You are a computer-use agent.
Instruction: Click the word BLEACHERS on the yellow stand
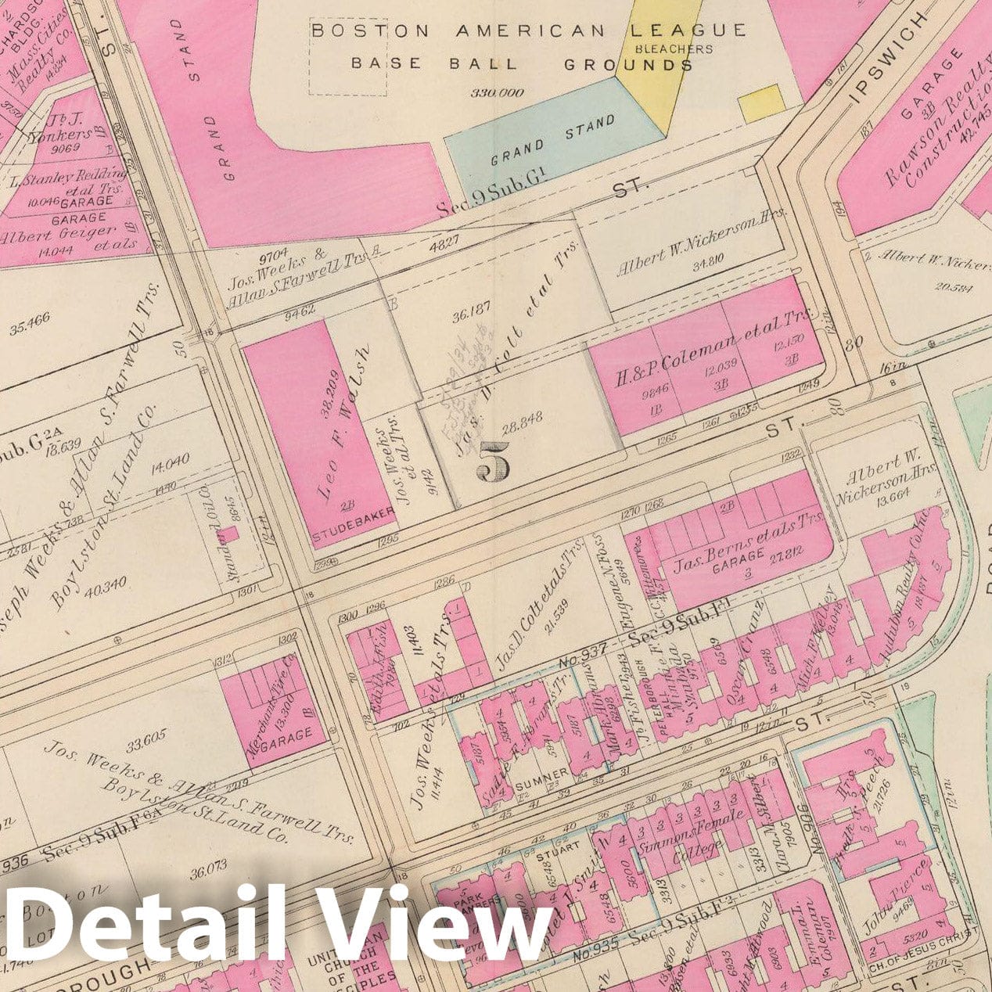coord(675,49)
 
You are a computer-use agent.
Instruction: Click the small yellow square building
coord(761,103)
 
